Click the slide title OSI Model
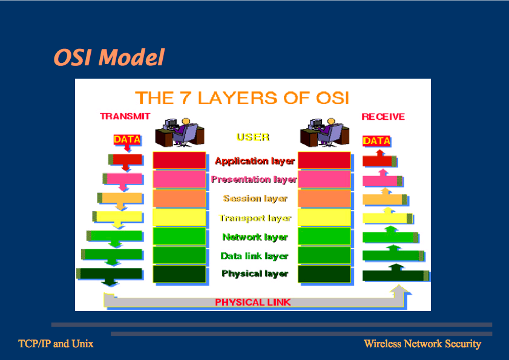(x=109, y=57)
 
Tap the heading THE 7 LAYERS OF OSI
(x=241, y=97)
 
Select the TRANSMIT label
(x=125, y=116)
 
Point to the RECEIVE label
(x=383, y=116)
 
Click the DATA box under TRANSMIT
(x=127, y=139)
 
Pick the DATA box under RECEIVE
(x=376, y=141)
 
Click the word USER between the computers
(x=253, y=137)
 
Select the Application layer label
(x=255, y=161)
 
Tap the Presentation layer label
(x=254, y=180)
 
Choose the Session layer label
(x=255, y=198)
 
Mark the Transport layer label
(x=255, y=218)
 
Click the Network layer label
(x=255, y=237)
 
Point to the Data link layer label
(x=254, y=256)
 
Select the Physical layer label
(x=255, y=274)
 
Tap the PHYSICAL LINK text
(x=252, y=302)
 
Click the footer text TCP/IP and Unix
(x=56, y=344)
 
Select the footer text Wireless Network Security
(x=422, y=344)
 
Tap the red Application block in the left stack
(x=179, y=160)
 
